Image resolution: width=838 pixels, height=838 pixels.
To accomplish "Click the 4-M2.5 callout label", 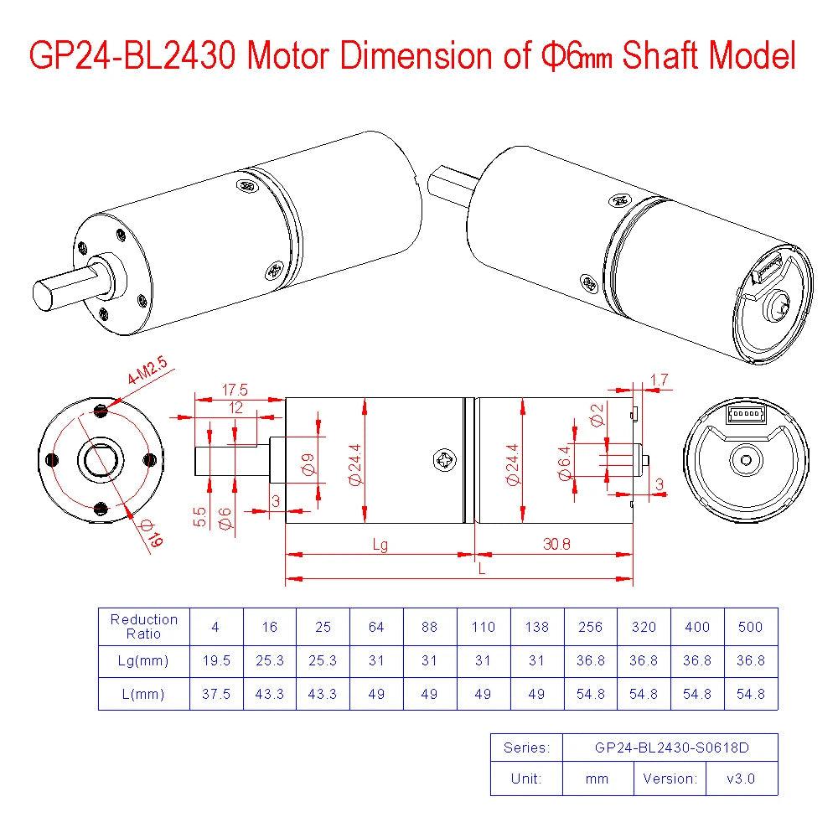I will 147,371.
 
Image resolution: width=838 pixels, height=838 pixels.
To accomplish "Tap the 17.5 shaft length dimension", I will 235,390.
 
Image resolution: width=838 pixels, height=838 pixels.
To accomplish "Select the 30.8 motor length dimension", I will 556,544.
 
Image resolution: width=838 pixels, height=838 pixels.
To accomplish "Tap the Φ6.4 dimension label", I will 565,463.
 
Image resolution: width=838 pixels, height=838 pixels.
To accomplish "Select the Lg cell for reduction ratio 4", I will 215,660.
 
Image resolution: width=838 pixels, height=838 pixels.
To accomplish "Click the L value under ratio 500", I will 750,694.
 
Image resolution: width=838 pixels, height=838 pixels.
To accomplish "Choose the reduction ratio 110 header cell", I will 484,627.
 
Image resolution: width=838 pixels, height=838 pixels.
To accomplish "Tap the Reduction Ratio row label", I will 144,626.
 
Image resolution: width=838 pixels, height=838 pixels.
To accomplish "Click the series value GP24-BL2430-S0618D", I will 669,747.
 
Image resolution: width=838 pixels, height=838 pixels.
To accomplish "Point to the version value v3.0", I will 741,779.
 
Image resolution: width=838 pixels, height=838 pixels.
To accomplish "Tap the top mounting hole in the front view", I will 101,410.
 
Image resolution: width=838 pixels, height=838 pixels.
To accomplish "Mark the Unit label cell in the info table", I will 526,779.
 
